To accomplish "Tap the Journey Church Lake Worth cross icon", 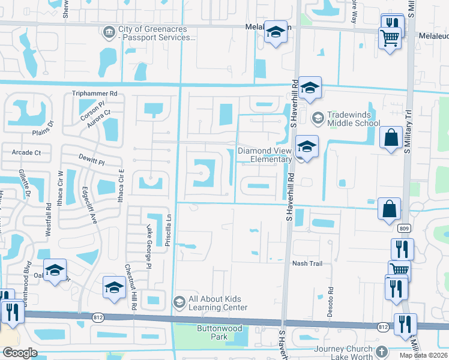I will [x=380, y=351].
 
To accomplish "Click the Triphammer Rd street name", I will [x=94, y=94].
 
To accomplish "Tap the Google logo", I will [x=20, y=353].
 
